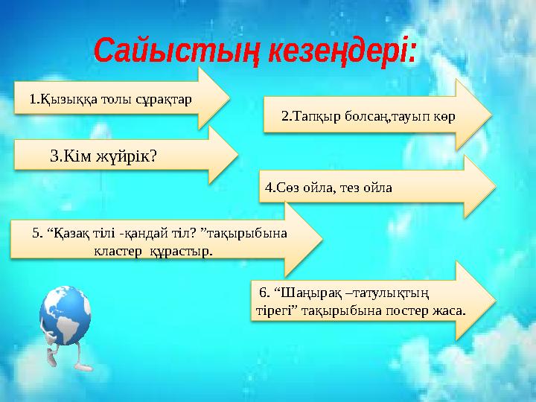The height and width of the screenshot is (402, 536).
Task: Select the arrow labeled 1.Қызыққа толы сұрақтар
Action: click(119, 99)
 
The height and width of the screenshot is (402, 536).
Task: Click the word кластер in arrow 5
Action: click(116, 251)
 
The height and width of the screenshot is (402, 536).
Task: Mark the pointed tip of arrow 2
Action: click(491, 116)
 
